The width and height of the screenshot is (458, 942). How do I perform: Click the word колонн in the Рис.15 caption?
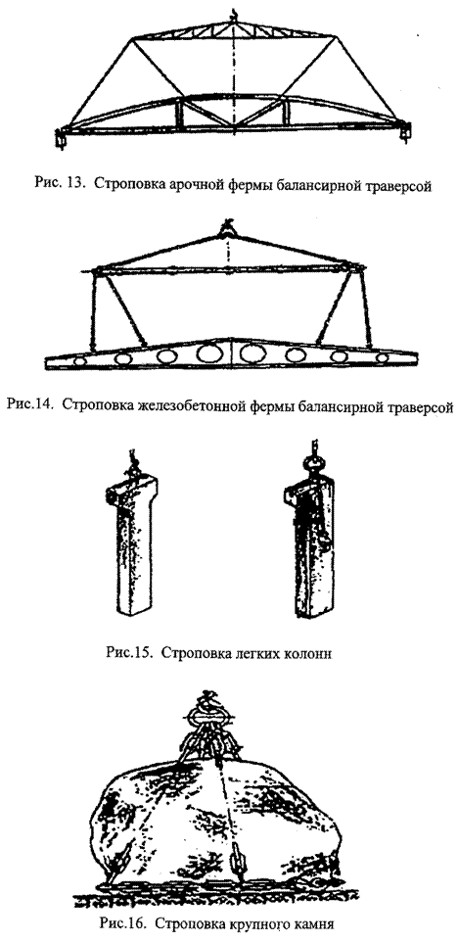[x=310, y=654]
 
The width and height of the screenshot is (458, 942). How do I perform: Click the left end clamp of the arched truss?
[x=61, y=137]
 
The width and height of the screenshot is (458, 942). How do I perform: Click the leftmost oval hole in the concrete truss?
[x=77, y=362]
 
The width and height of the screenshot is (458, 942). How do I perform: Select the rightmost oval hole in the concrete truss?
[x=382, y=358]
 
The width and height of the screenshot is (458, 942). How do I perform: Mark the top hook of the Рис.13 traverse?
[x=234, y=14]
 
